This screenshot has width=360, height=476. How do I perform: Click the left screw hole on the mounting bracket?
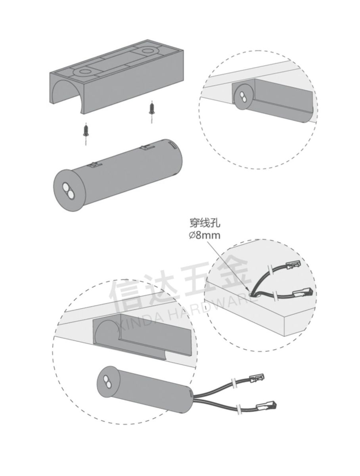pyautogui.click(x=84, y=72)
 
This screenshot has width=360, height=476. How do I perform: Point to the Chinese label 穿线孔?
pyautogui.click(x=202, y=225)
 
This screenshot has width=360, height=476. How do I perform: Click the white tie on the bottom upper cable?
pyautogui.click(x=234, y=384)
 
